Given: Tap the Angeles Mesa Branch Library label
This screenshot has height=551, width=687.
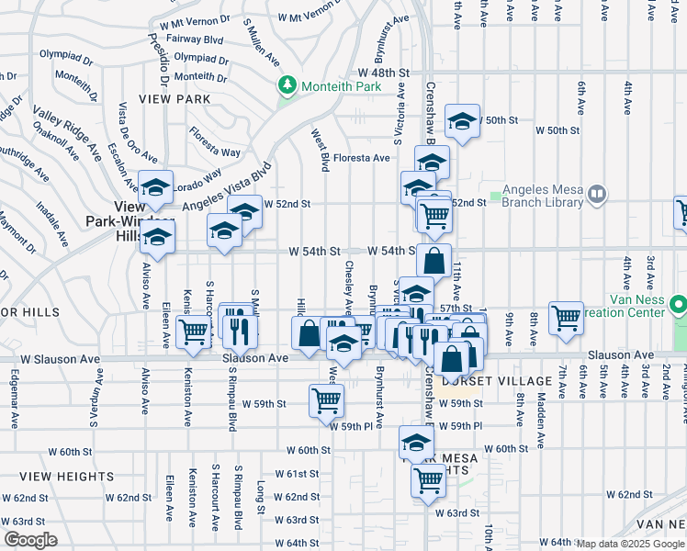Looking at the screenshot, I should (543, 196).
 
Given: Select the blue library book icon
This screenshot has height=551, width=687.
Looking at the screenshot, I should (597, 194).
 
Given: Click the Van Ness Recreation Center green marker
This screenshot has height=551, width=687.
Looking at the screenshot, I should (678, 303).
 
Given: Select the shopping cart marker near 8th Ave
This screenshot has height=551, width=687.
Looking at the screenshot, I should (566, 318).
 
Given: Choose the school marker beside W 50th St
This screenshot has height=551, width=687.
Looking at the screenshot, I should (463, 120).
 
